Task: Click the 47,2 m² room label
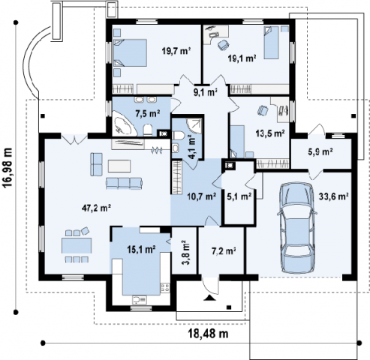pyautogui.click(x=97, y=208)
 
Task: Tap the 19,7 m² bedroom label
pyautogui.click(x=176, y=52)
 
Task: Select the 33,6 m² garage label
pyautogui.click(x=334, y=196)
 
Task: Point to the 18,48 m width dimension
pyautogui.click(x=208, y=334)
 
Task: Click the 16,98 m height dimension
pyautogui.click(x=8, y=167)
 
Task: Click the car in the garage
pyautogui.click(x=297, y=227)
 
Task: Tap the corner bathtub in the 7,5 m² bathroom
pyautogui.click(x=123, y=124)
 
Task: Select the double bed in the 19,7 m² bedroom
pyautogui.click(x=130, y=52)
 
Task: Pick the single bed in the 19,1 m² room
pyautogui.click(x=271, y=43)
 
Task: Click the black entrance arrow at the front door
pyautogui.click(x=209, y=298)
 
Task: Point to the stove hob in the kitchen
pyautogui.click(x=165, y=287)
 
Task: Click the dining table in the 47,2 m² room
pyautogui.click(x=77, y=245)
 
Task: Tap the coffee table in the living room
pyautogui.click(x=119, y=166)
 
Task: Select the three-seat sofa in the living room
pyautogui.click(x=124, y=183)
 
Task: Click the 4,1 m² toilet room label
pyautogui.click(x=192, y=147)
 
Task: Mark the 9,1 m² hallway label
pyautogui.click(x=205, y=92)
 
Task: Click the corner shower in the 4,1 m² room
pyautogui.click(x=194, y=125)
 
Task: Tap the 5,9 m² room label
pyautogui.click(x=320, y=151)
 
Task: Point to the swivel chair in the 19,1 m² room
pyautogui.click(x=223, y=45)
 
